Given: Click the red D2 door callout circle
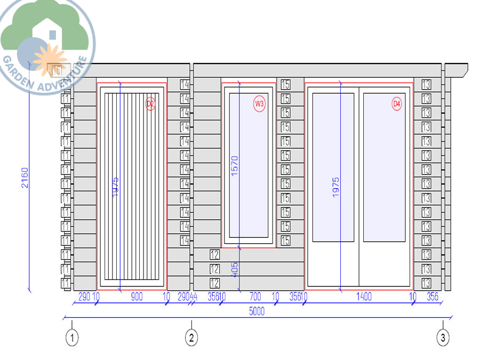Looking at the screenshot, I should click(x=150, y=105).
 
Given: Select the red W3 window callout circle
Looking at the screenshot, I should click(x=259, y=105).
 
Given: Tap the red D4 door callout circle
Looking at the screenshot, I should click(x=396, y=105).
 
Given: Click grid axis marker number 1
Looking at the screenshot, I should click(x=72, y=337).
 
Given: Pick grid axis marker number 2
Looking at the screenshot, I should click(x=191, y=337).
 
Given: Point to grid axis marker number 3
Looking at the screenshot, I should click(x=443, y=337).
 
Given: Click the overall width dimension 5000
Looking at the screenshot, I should click(x=257, y=312).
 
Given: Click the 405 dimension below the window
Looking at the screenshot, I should click(x=235, y=269).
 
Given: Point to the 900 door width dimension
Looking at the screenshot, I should click(x=137, y=297).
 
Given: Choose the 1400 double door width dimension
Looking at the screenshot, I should click(x=364, y=297).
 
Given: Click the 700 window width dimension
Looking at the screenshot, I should click(x=255, y=297).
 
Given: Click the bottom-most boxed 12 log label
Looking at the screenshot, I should click(x=215, y=283).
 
